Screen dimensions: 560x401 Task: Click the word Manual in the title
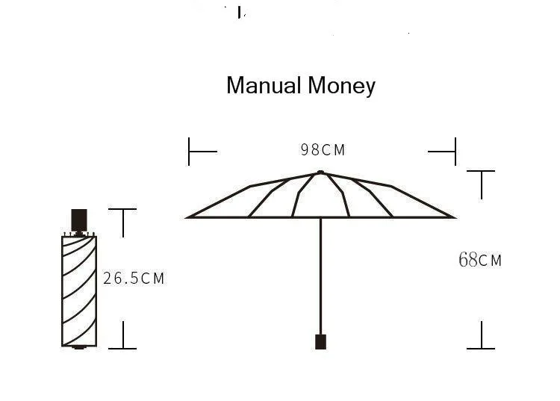coord(264,86)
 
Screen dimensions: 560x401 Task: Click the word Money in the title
coord(341,87)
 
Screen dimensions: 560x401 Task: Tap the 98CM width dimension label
coord(323,149)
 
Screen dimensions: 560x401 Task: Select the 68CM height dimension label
coord(480,260)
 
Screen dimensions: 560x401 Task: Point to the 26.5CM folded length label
coord(134,279)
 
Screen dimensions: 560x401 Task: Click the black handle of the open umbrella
coord(321,342)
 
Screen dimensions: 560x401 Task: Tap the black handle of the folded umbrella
coord(79,220)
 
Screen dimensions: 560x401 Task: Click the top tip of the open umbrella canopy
coord(320,172)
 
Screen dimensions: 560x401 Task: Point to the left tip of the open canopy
coord(187,217)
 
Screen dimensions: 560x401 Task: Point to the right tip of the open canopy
coord(455,217)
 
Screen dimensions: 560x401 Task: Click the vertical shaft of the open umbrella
coord(321,276)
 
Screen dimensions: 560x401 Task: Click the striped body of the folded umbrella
coord(79,291)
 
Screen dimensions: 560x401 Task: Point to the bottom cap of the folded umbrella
coord(79,347)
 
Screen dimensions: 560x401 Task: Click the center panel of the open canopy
coord(320,196)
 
